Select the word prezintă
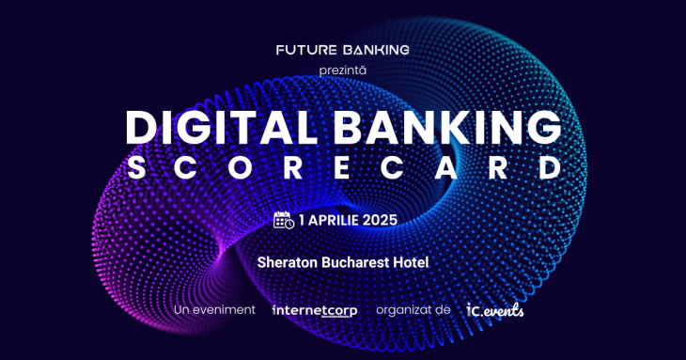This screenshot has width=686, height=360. click(343, 70)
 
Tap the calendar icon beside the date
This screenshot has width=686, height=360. click(284, 221)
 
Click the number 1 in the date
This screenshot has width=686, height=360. click(303, 221)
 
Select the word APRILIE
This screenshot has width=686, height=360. click(336, 221)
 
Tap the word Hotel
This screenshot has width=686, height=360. click(411, 262)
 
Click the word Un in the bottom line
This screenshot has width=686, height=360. click(182, 310)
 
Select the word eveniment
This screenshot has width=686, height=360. click(225, 310)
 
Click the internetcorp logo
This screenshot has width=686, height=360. click(314, 310)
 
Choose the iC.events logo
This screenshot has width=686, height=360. click(494, 309)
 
